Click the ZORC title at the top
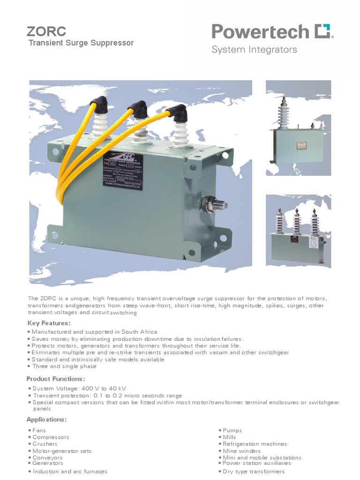coord(46,31)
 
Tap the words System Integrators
coord(254,50)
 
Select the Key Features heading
coord(49,323)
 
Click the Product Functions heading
coord(56,378)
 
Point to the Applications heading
coord(46,419)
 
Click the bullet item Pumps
coord(232,430)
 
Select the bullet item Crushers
coord(45,444)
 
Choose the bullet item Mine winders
coord(241,451)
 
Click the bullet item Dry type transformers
coord(253,472)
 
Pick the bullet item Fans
coord(39,430)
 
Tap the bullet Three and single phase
coord(64,366)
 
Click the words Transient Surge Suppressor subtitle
coord(81,43)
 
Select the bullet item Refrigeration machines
coord(255,444)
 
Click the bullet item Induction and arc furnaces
coord(70,472)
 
